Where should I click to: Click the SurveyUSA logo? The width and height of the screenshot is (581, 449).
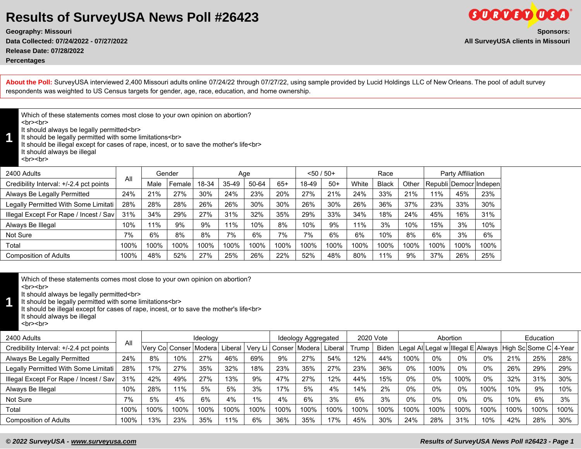519,15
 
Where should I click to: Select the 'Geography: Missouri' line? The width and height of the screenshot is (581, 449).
39,32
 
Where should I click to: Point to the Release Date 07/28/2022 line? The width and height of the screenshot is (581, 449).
45,51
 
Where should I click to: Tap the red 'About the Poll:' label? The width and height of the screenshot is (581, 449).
29,82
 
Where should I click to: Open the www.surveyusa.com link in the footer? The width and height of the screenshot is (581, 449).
103,441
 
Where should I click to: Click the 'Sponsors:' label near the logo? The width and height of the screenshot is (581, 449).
553,32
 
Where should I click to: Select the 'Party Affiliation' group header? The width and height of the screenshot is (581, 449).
462,173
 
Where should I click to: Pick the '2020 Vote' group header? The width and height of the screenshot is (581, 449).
372,338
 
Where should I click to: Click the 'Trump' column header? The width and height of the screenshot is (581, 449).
359,348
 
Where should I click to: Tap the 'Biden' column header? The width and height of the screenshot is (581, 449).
385,348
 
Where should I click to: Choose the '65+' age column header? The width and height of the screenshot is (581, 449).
282,184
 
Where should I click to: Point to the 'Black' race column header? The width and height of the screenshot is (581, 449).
385,184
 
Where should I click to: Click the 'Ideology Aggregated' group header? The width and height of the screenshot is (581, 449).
308,338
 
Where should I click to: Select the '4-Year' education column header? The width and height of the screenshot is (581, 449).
565,348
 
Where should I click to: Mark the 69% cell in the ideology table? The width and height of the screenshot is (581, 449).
257,358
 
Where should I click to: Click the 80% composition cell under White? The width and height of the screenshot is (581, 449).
359,255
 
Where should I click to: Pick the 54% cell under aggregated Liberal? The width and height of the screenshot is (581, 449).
334,358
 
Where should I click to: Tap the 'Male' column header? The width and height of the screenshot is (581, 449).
154,184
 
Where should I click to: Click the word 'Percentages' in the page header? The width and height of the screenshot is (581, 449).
25,60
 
